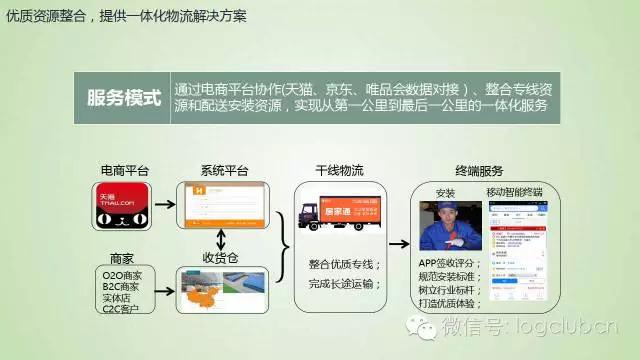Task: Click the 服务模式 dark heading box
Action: (125, 96)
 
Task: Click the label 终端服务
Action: (479, 169)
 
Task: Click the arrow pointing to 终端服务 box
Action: (397, 241)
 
